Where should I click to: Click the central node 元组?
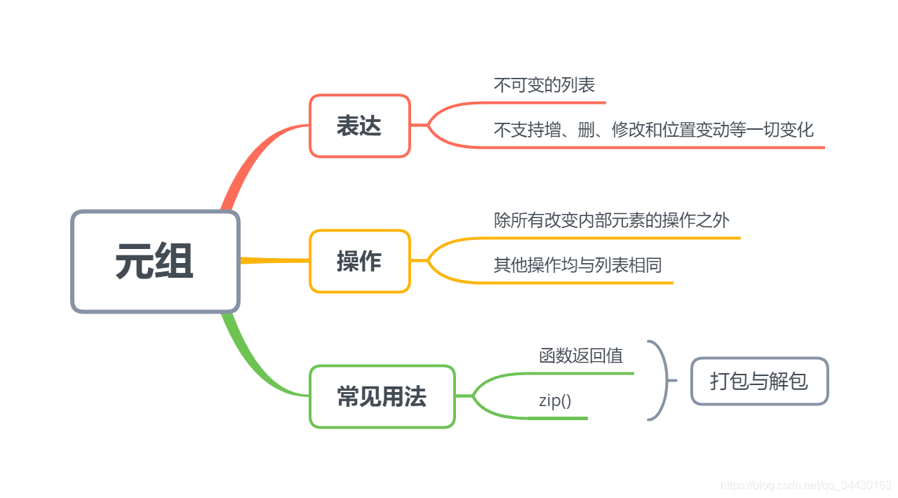click(155, 262)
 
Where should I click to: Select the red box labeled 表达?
click(359, 126)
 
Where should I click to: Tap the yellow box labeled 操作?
click(359, 261)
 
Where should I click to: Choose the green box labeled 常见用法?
click(382, 397)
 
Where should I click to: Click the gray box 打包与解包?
click(759, 381)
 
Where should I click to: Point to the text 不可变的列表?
click(544, 85)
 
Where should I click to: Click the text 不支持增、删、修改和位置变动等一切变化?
click(653, 130)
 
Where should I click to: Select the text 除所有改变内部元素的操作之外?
click(612, 220)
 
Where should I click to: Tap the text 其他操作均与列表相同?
click(577, 265)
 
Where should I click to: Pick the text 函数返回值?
click(581, 356)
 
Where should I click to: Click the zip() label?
click(555, 401)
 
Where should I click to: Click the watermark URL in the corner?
click(806, 485)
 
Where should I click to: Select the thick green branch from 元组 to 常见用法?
click(246, 358)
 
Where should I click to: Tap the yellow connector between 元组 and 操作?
click(274, 260)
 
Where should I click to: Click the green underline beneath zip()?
click(558, 418)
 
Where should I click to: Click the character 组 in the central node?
click(175, 262)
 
